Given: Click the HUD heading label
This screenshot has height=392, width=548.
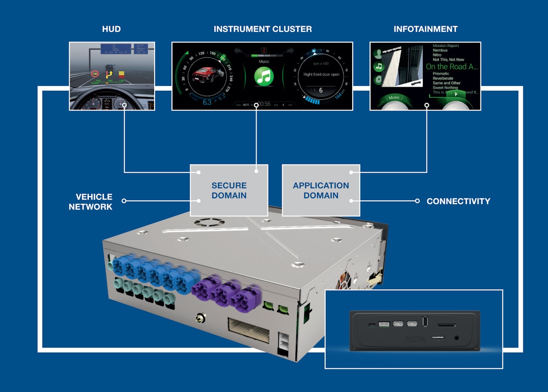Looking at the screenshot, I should [111, 29].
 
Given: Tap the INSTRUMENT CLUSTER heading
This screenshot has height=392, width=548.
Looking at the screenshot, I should [263, 29].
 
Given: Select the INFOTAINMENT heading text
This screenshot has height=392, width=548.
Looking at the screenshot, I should [425, 29].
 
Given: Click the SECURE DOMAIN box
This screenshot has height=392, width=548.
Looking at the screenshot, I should [229, 191].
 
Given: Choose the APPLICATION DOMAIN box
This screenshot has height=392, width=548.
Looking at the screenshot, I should [321, 191].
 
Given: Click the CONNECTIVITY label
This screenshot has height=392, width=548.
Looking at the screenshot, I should [458, 201].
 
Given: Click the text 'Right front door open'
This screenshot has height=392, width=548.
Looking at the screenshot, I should [321, 74].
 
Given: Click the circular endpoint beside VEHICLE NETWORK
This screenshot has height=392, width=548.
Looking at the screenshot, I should [124, 201].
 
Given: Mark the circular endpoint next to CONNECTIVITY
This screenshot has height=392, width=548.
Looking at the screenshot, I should [417, 201].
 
